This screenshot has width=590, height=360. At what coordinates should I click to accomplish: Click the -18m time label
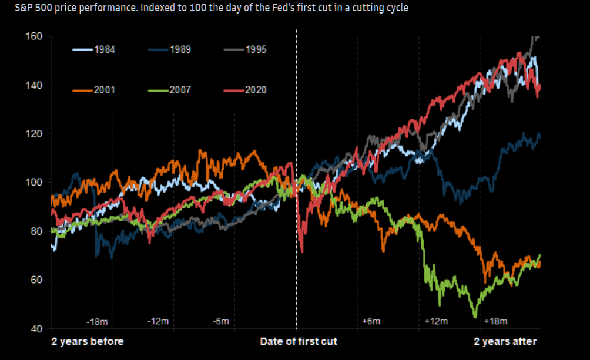[97, 322]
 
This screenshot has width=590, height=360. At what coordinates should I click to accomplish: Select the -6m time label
[221, 322]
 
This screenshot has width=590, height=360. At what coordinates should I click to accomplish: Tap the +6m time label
[371, 322]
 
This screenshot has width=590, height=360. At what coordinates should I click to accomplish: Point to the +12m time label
[435, 322]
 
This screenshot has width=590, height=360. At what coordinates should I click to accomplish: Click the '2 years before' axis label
[88, 341]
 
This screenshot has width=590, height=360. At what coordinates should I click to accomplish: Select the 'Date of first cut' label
[299, 341]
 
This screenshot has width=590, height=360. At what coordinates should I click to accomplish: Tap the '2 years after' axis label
[505, 341]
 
